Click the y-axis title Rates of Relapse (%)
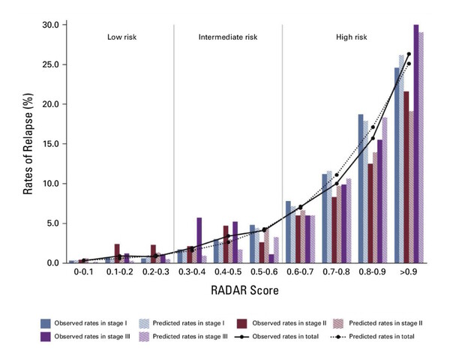[28, 142]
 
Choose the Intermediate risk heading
[226, 36]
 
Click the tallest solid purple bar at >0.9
[415, 142]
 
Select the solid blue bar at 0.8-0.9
[361, 187]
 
